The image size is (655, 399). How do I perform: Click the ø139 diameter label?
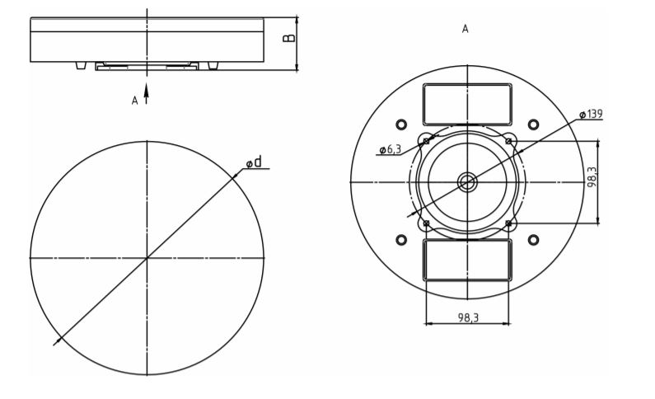click(591, 114)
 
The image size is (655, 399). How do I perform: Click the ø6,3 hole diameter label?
click(391, 149)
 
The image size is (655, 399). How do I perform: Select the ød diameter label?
click(254, 162)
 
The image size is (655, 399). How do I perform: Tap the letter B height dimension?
click(288, 38)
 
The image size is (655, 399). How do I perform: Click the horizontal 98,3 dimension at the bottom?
click(468, 317)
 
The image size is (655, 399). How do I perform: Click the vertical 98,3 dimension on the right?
click(592, 176)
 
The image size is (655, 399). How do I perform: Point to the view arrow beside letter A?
click(146, 94)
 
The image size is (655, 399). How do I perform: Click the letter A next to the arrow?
click(134, 101)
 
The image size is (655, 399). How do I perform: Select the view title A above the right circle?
click(465, 29)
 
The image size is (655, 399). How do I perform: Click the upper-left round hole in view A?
click(401, 124)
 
